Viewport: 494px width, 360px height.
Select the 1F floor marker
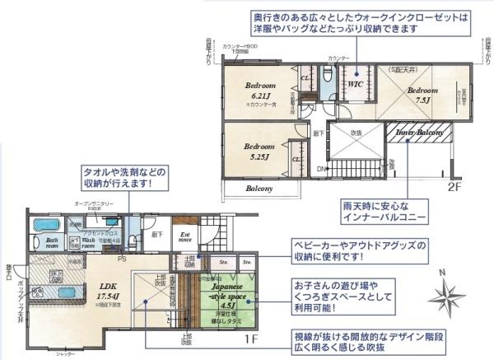point(251,339)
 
